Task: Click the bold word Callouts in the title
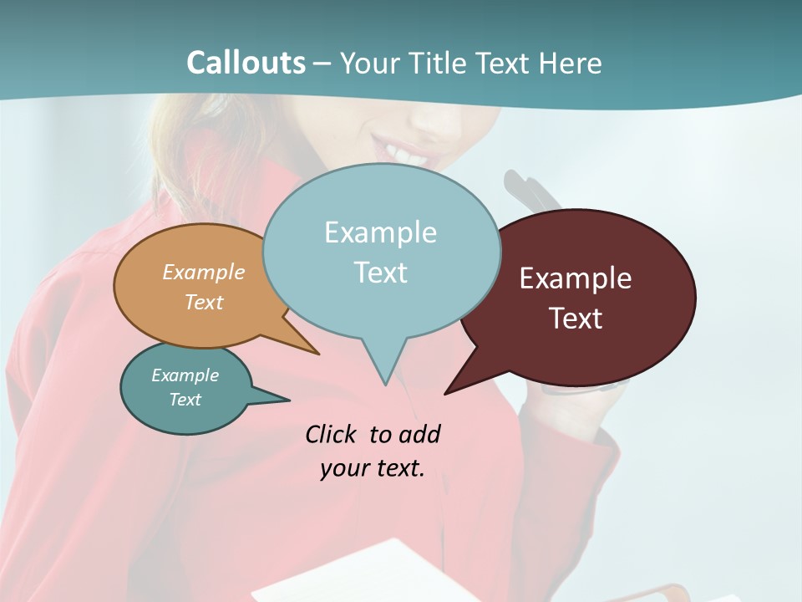click(x=246, y=63)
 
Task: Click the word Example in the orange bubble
click(x=204, y=272)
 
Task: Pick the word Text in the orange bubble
click(x=204, y=302)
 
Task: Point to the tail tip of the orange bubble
click(x=318, y=354)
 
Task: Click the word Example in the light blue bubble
click(x=380, y=232)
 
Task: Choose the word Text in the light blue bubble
click(x=380, y=273)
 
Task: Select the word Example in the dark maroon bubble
click(x=576, y=278)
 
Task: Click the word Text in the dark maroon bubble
click(x=576, y=319)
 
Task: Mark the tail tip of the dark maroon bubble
click(x=445, y=393)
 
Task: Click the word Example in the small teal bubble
click(x=185, y=375)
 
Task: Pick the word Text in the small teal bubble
click(x=185, y=400)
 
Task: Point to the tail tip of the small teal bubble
click(x=289, y=400)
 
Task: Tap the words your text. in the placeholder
click(x=373, y=468)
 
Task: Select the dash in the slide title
click(x=323, y=64)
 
